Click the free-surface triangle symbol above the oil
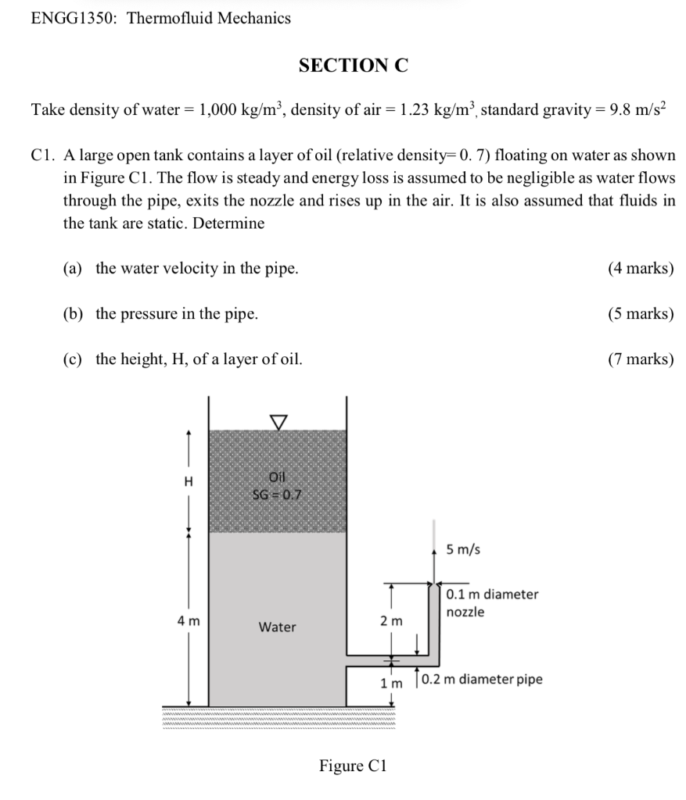(278, 421)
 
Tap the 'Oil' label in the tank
(278, 477)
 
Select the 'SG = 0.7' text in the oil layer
(278, 493)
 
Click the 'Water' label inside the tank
(278, 627)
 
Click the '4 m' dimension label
(189, 621)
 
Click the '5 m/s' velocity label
(463, 549)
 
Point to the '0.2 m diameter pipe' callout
(481, 679)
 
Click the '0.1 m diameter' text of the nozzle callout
(492, 594)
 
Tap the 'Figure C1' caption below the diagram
(353, 766)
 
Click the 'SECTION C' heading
(353, 66)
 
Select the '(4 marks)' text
(640, 269)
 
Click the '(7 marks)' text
(640, 359)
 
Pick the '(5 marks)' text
(640, 314)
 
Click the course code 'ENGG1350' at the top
(73, 17)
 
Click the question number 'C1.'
(43, 155)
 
